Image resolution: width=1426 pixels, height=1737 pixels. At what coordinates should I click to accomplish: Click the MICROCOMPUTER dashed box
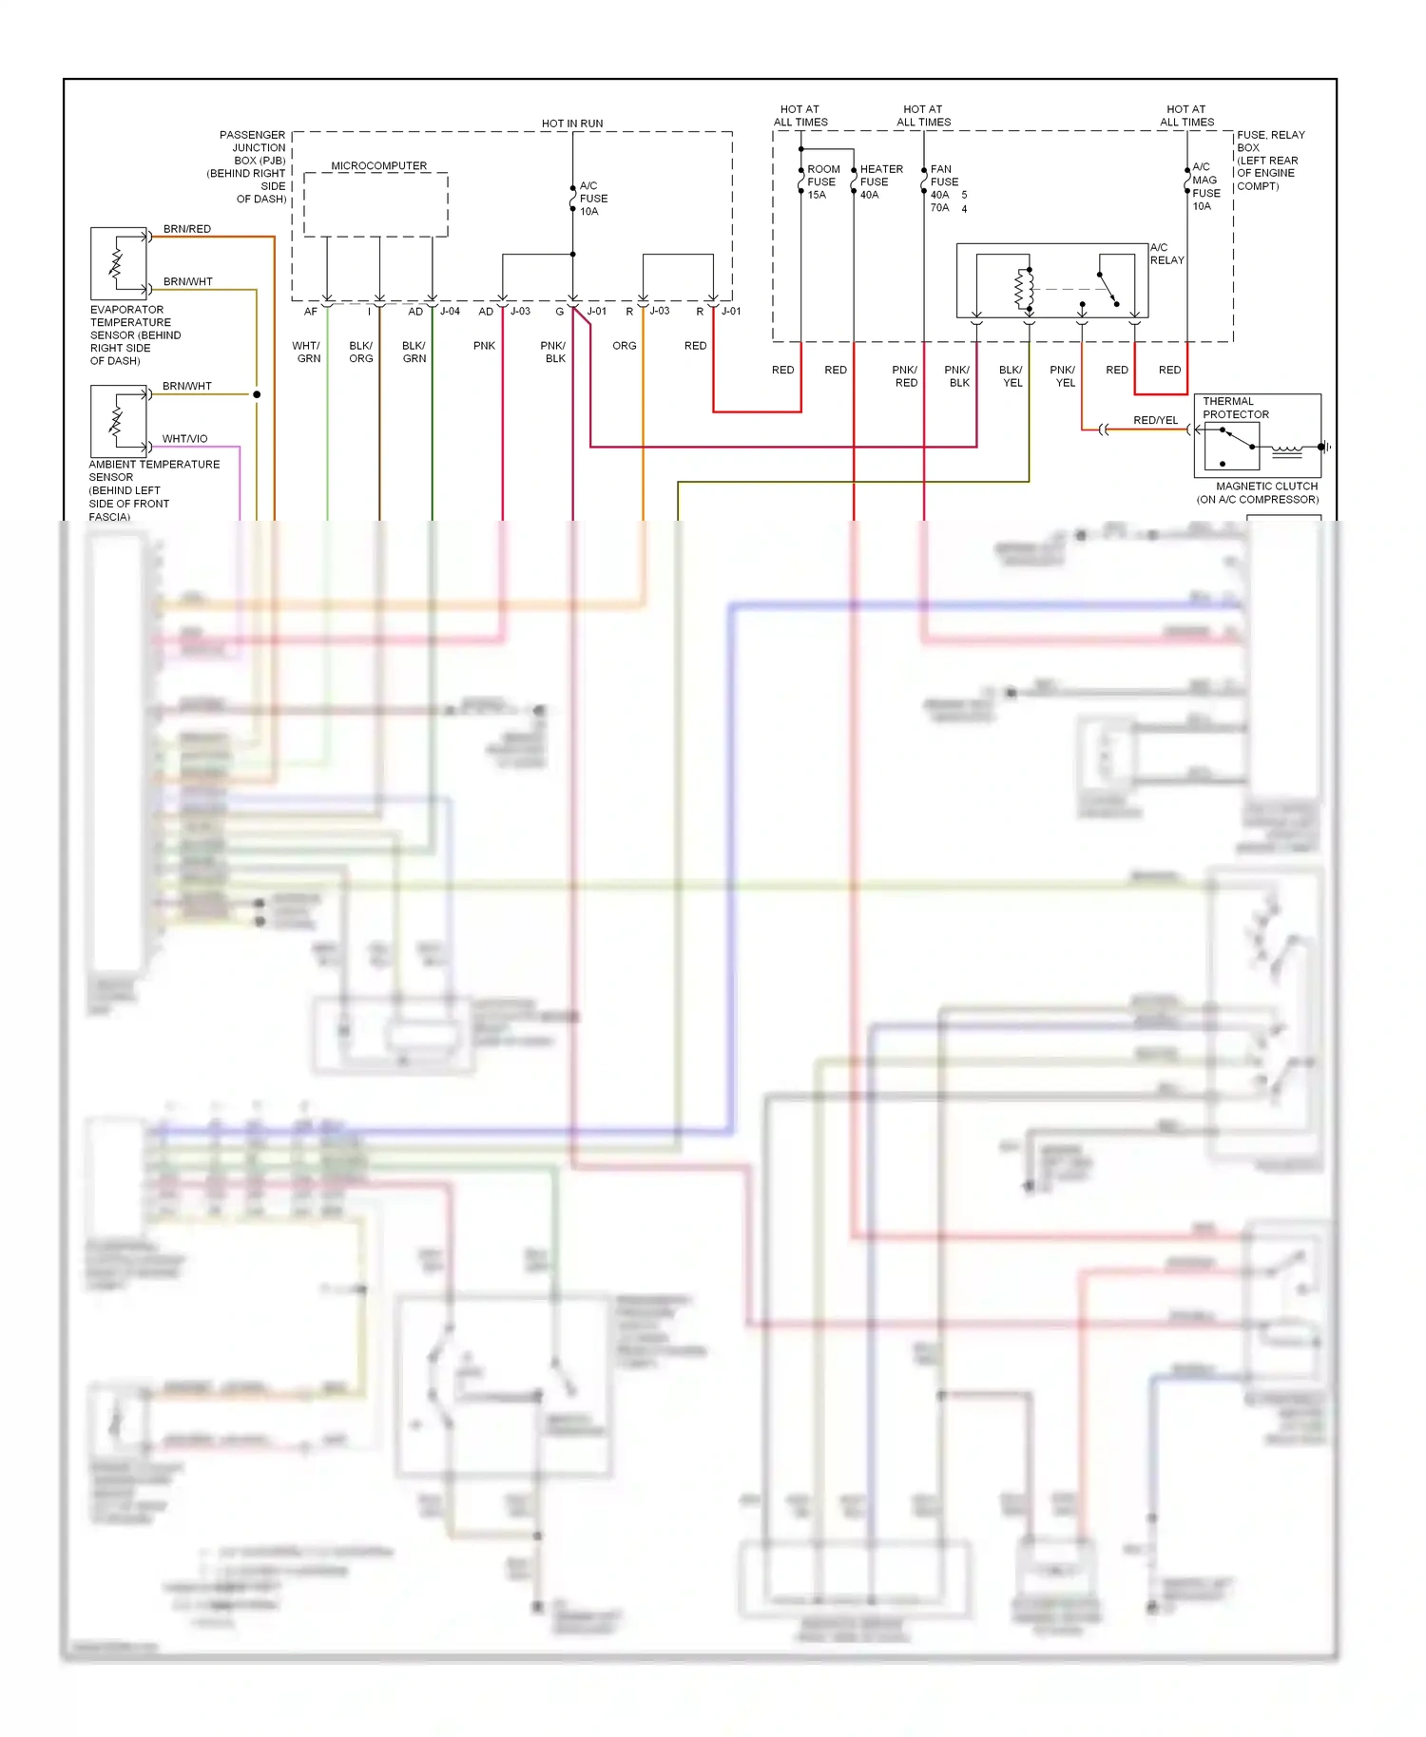pyautogui.click(x=376, y=204)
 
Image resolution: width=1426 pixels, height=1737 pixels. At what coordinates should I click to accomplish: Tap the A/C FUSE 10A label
pyautogui.click(x=593, y=199)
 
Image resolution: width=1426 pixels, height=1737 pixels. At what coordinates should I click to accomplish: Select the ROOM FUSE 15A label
pyautogui.click(x=822, y=181)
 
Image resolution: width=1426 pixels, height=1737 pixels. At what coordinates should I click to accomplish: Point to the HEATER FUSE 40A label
pyautogui.click(x=880, y=181)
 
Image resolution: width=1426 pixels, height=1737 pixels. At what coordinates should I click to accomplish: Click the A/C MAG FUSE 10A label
pyautogui.click(x=1205, y=186)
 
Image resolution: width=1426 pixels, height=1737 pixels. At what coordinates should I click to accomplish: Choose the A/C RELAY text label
pyautogui.click(x=1166, y=254)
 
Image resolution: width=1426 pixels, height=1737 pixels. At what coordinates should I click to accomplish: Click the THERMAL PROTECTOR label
pyautogui.click(x=1235, y=408)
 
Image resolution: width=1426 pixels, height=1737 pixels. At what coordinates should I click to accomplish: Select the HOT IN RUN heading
pyautogui.click(x=572, y=124)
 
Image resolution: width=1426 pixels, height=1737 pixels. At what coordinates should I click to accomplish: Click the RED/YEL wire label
pyautogui.click(x=1155, y=420)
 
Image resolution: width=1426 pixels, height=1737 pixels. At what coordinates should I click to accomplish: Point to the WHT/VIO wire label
pyautogui.click(x=184, y=439)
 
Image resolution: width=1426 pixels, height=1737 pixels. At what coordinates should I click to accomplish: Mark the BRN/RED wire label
pyautogui.click(x=187, y=229)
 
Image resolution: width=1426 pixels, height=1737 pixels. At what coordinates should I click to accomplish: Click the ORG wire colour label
pyautogui.click(x=625, y=346)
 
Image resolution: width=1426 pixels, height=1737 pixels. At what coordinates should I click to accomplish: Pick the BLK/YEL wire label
pyautogui.click(x=1012, y=376)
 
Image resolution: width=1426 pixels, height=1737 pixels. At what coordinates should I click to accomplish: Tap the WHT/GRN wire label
pyautogui.click(x=307, y=353)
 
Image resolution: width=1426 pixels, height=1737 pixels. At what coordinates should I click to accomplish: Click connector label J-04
pyautogui.click(x=450, y=312)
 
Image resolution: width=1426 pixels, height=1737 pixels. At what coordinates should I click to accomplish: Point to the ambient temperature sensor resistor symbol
pyautogui.click(x=117, y=421)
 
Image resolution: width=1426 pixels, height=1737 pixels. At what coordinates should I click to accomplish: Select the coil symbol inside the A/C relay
pyautogui.click(x=1024, y=289)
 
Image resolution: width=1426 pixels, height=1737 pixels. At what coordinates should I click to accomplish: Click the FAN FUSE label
pyautogui.click(x=944, y=176)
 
